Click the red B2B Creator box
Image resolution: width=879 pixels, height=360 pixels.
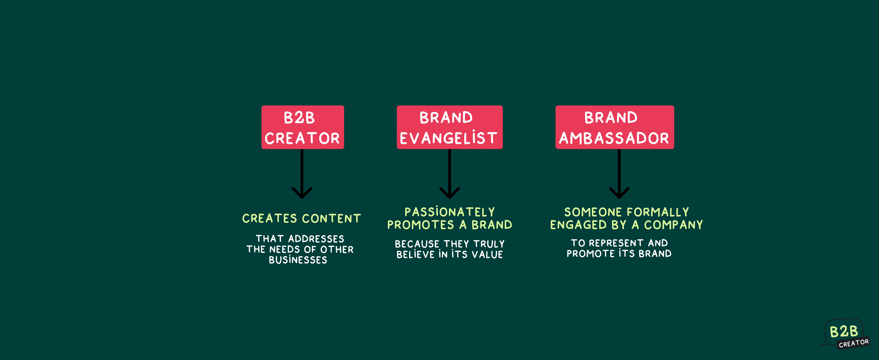(303, 127)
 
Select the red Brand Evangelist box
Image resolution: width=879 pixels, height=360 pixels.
(450, 127)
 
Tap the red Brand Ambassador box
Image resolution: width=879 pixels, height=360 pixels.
(615, 127)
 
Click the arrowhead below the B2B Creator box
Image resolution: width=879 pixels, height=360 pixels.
(302, 193)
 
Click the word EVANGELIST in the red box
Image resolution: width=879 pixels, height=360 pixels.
(449, 138)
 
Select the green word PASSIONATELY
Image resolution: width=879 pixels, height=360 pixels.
(450, 212)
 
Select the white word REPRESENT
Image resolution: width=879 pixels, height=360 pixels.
(616, 243)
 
